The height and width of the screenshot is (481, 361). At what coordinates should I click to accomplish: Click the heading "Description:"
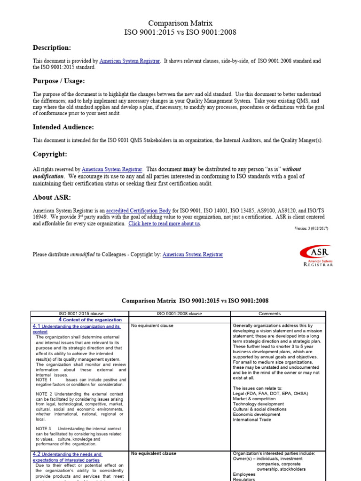click(52, 47)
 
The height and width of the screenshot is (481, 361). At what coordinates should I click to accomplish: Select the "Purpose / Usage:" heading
click(59, 81)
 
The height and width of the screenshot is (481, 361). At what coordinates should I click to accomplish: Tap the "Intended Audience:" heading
click(63, 127)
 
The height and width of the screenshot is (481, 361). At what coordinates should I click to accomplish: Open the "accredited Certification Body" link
click(138, 211)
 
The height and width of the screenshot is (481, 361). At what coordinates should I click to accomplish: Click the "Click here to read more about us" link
click(164, 224)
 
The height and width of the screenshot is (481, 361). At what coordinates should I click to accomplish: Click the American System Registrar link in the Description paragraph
click(130, 61)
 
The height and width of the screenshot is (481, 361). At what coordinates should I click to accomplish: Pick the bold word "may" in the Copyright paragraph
click(189, 169)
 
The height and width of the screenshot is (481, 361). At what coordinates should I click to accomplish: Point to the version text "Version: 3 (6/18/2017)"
click(311, 228)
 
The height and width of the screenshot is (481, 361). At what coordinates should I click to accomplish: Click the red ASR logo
click(316, 256)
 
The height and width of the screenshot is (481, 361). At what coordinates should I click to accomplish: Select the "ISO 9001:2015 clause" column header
click(79, 314)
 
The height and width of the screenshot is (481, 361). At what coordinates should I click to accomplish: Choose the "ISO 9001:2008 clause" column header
click(180, 314)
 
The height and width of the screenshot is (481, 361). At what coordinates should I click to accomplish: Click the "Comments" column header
click(270, 314)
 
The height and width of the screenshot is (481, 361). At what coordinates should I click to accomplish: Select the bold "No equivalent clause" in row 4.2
click(154, 454)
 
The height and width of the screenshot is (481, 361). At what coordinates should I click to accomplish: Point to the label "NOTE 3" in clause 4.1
click(43, 429)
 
